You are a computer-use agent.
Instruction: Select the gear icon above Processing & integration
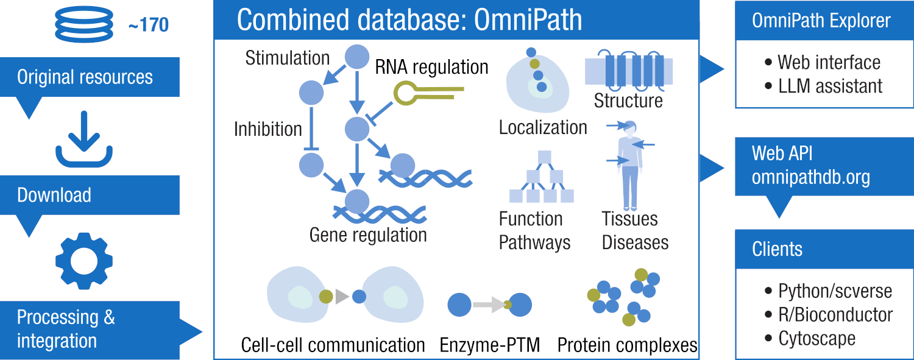tap(84, 261)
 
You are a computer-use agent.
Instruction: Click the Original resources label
tap(85, 77)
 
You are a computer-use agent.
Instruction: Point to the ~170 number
tap(148, 25)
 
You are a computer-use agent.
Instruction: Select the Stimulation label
tap(288, 58)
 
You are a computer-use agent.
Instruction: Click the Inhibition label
tap(268, 129)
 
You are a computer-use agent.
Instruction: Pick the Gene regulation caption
tap(368, 235)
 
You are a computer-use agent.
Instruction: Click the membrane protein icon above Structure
tap(628, 71)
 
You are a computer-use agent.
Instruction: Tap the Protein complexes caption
tap(627, 345)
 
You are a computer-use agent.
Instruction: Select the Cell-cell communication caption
tap(333, 345)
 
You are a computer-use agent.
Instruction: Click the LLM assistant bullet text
tap(830, 86)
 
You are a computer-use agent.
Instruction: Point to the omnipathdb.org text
tap(810, 177)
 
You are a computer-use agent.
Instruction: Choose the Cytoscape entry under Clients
tap(817, 338)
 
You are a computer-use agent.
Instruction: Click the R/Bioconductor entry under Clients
tap(835, 315)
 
